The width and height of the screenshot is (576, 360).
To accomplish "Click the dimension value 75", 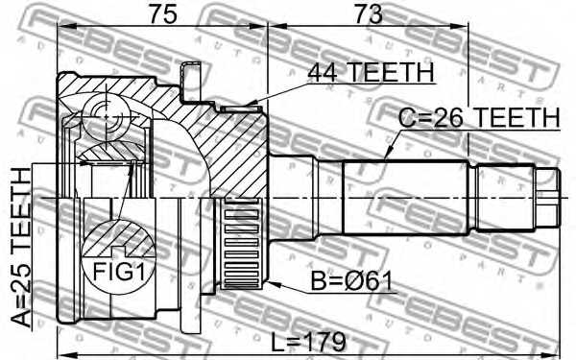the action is coord(162,14).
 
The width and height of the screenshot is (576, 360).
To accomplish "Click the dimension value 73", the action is coord(369,14).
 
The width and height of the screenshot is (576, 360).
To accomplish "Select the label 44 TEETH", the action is coord(371,72).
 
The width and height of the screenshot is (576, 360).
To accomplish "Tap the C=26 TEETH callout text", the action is coord(479,117).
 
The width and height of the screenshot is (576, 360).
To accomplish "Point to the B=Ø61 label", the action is coord(351,281).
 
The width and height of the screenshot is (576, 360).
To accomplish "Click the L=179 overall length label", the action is coord(308,342).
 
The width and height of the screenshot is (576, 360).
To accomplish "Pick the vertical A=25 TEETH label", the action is coord(21,247).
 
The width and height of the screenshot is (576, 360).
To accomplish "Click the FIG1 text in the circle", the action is coord(119,273).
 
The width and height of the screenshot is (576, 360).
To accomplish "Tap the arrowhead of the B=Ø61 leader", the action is coord(274,283).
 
